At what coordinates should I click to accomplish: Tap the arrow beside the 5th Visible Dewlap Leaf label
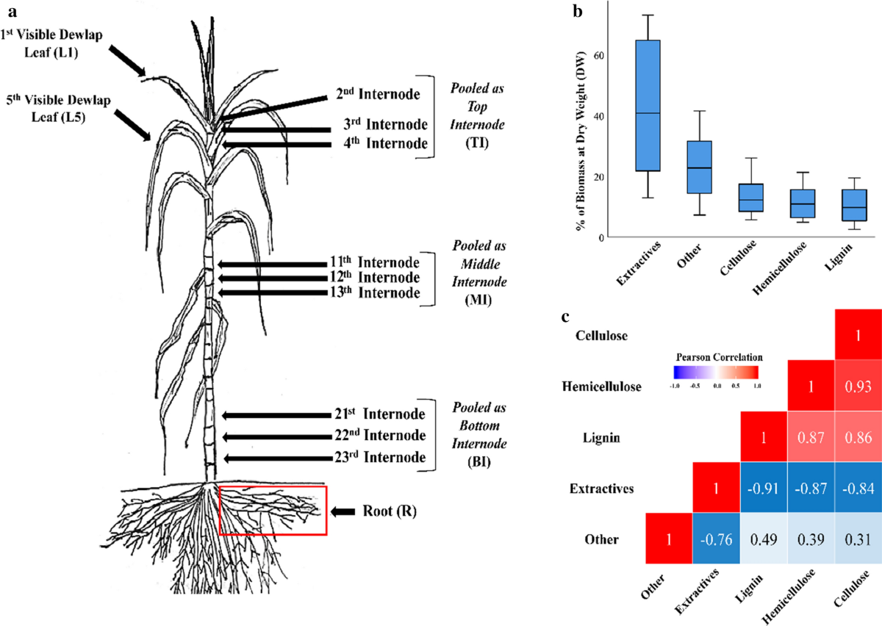click(x=132, y=122)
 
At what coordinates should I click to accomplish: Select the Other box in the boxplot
click(x=699, y=167)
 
